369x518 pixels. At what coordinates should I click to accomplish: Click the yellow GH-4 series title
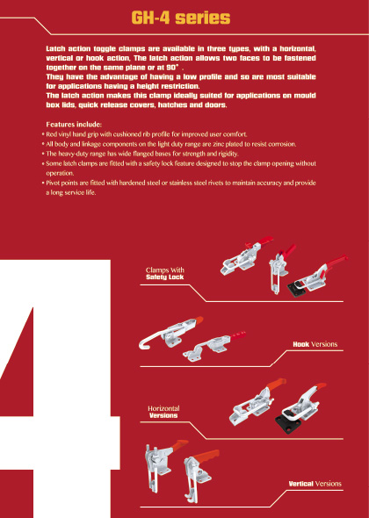(x=180, y=18)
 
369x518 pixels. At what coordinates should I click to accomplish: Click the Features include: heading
(x=74, y=125)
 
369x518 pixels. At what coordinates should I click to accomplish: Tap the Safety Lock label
(x=164, y=277)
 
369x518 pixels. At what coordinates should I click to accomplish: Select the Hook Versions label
(x=315, y=344)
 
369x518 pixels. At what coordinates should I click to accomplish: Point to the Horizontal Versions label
(x=163, y=412)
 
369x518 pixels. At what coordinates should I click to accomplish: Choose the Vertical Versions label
(x=315, y=484)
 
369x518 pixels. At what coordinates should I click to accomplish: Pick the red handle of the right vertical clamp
(x=206, y=456)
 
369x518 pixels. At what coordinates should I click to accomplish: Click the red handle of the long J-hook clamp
(x=199, y=320)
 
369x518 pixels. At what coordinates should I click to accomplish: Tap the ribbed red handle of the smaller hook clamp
(x=238, y=336)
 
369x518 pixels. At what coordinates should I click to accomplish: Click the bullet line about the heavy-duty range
(x=141, y=154)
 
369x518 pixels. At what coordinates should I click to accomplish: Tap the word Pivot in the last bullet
(x=53, y=183)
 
